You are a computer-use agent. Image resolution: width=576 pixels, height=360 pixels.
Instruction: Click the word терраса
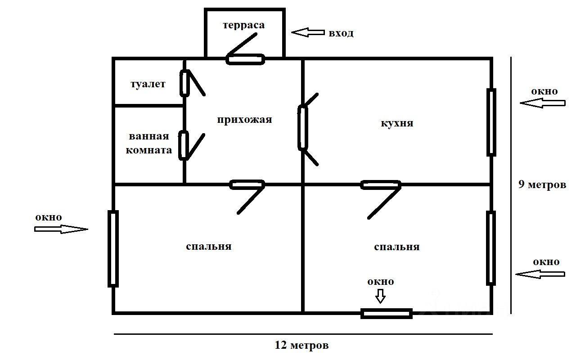[x=243, y=25]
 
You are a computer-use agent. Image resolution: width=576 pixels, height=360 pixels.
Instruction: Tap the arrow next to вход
[x=308, y=32]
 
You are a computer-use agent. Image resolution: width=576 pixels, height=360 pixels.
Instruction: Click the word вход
[x=341, y=33]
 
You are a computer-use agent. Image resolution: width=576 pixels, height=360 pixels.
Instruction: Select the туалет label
[x=148, y=84]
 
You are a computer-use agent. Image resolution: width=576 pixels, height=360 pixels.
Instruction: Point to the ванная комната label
[x=148, y=144]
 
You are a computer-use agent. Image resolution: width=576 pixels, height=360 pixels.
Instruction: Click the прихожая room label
[x=244, y=120]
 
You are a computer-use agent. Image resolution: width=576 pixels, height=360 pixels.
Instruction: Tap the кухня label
[x=396, y=123]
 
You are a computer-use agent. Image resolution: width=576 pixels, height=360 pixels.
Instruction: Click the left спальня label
[x=208, y=247]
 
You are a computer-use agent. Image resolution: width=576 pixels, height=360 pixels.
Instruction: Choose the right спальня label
[x=396, y=247]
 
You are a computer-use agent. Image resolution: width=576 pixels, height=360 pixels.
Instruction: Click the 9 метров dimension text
[x=542, y=184]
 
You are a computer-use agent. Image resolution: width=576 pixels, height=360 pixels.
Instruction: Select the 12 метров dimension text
[x=301, y=346]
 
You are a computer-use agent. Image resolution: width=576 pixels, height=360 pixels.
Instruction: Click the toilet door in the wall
[x=184, y=83]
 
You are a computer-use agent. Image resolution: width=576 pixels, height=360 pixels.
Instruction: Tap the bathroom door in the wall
[x=184, y=145]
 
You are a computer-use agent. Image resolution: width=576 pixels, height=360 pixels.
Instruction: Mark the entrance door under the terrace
[x=245, y=59]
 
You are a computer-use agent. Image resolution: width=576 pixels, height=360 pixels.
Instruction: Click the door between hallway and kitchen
[x=303, y=128]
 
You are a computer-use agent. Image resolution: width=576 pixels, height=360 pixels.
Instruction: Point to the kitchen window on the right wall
[x=491, y=122]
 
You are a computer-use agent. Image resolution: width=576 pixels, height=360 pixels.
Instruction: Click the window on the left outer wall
[x=113, y=248]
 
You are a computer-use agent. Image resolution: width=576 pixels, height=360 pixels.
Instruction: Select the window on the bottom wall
[x=387, y=313]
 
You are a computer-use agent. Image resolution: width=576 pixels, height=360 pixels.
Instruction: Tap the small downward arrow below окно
[x=381, y=296]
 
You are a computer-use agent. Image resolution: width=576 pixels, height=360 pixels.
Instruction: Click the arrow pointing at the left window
[x=61, y=229]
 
